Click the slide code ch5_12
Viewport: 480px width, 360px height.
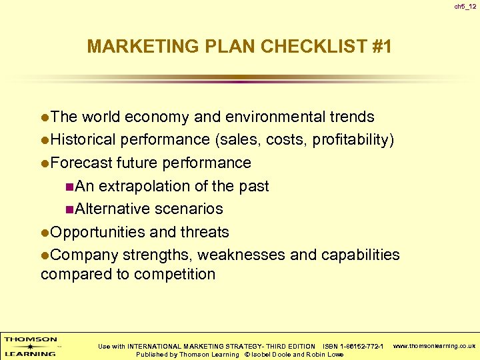pos(465,7)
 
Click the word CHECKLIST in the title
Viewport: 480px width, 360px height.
pos(301,47)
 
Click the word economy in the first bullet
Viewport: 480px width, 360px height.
pos(159,117)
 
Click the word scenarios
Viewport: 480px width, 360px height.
pos(189,209)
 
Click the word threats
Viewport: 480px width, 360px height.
pos(205,232)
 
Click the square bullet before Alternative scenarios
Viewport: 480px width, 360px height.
pos(70,209)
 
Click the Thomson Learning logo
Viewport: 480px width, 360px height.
pos(31,346)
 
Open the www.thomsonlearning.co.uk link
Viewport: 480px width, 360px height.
pos(435,346)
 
